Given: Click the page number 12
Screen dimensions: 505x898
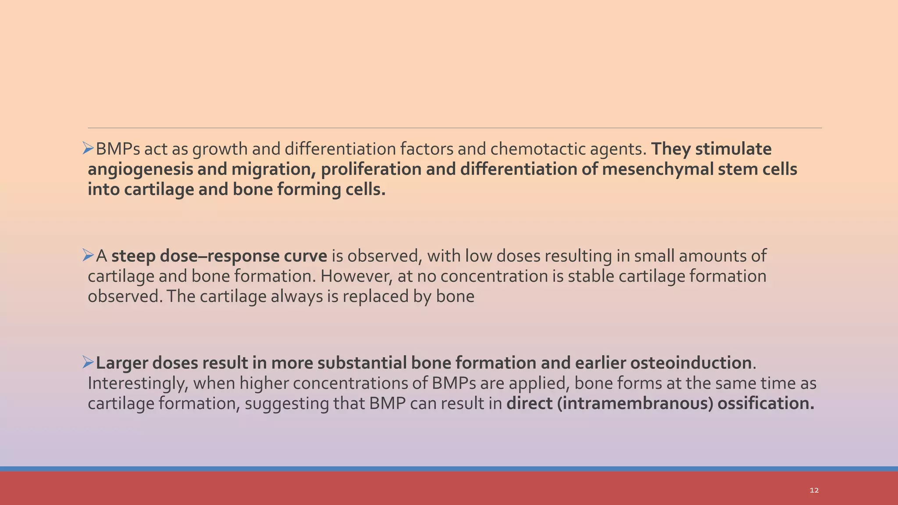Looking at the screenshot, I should point(814,490).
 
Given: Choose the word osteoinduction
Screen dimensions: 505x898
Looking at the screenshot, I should point(691,363).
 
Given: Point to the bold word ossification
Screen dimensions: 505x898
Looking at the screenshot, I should point(766,403).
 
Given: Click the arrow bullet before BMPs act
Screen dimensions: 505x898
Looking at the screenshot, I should point(88,149).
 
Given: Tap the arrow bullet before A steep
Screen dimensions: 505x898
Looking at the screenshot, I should point(88,256).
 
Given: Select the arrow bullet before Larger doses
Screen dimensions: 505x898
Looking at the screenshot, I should point(88,363).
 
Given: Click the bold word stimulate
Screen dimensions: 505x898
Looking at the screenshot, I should point(733,149).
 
